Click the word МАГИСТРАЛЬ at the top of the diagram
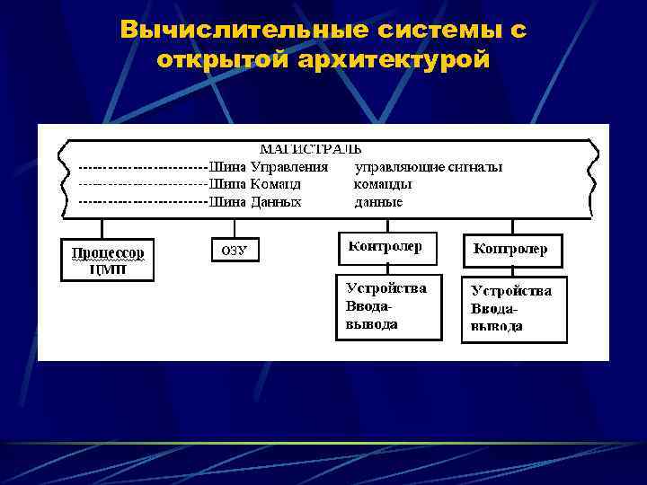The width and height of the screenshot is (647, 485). pos(310,149)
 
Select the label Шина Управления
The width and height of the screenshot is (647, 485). pos(269,167)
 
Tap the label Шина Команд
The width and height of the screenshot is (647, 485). pos(255,184)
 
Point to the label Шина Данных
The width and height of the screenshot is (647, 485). pos(255,202)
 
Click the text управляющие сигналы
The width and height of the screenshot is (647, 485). pos(429,167)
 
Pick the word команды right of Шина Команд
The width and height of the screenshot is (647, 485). pos(384,184)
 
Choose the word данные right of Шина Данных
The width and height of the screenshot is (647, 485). pos(379,202)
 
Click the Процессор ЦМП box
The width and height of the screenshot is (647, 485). pos(108,259)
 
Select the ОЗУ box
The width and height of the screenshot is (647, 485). pos(234,251)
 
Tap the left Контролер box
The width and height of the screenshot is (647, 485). pos(386,248)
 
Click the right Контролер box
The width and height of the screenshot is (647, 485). pos(511,251)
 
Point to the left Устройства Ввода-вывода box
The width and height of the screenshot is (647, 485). pos(388,306)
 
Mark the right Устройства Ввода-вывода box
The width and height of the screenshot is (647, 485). pos(514,310)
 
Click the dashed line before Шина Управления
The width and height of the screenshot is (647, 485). pos(142,167)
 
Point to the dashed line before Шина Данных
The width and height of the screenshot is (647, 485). pos(142,202)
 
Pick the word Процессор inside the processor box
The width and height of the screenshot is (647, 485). pos(108,251)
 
